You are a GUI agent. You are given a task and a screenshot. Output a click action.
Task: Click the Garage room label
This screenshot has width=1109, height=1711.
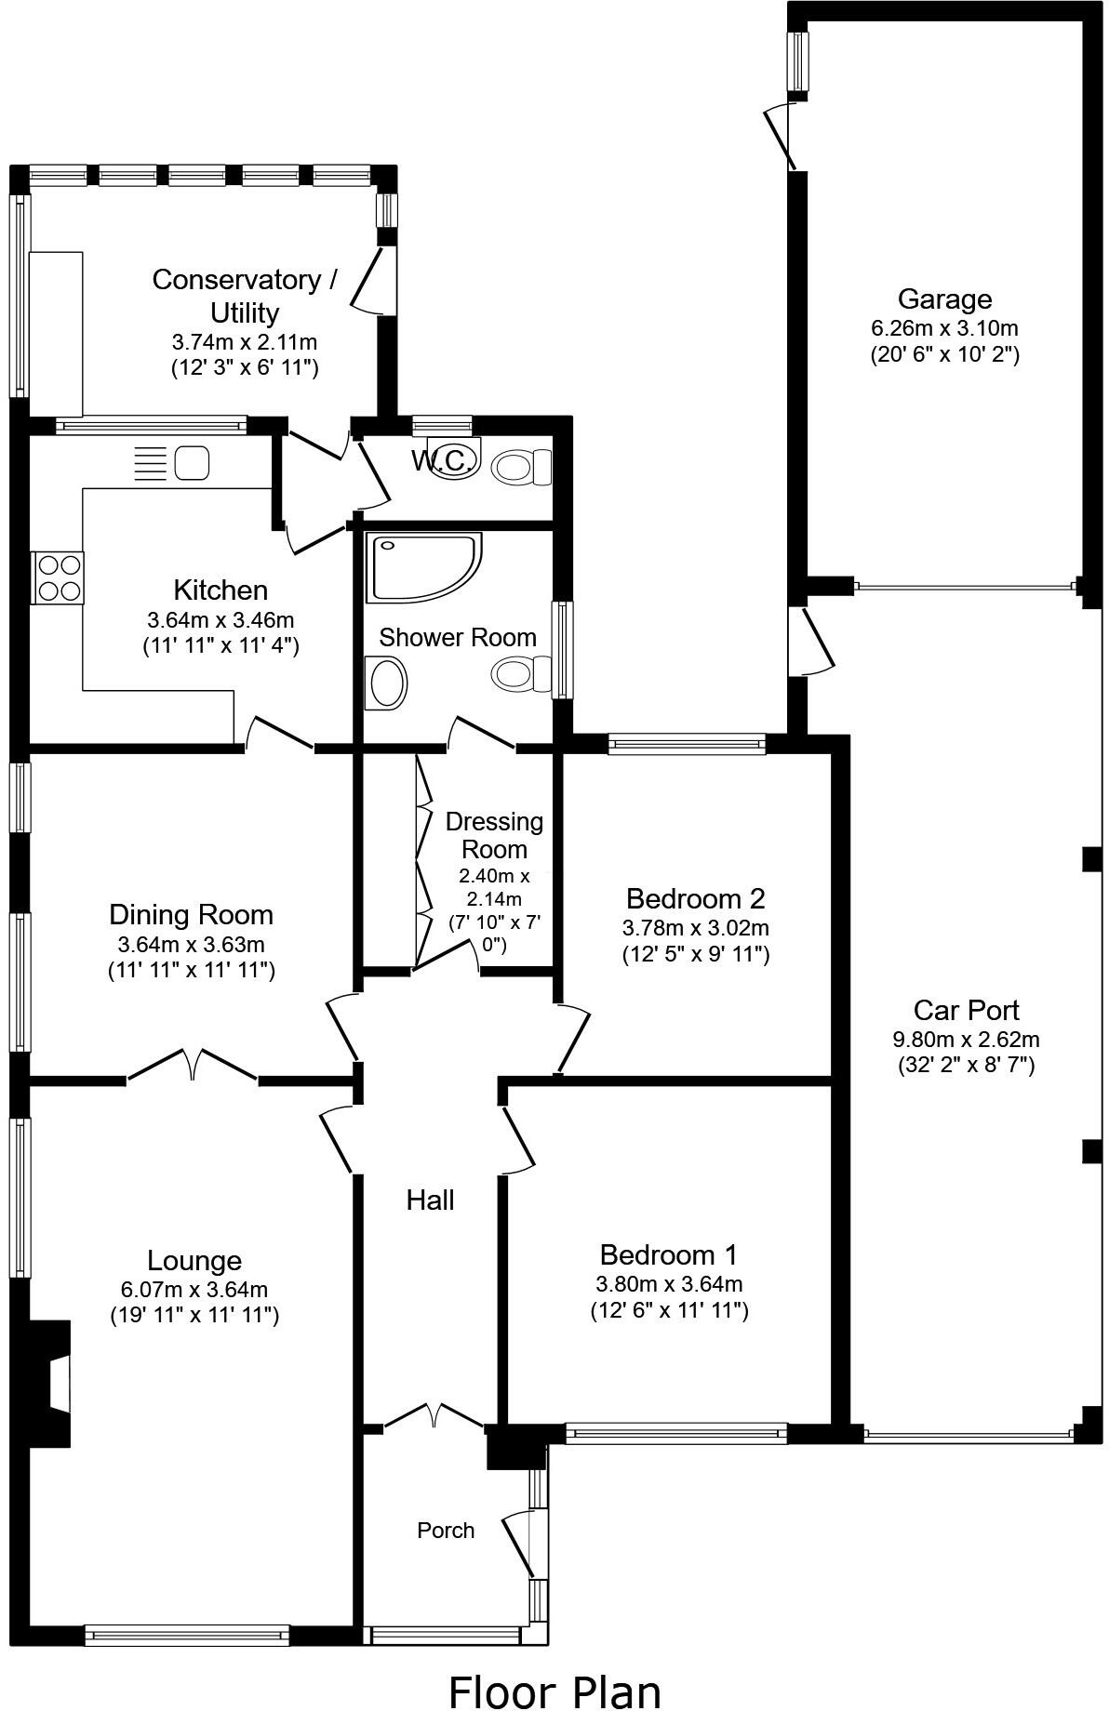pyautogui.click(x=944, y=299)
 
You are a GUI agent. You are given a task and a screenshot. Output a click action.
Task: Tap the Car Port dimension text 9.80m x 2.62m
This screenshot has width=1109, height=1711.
pyautogui.click(x=966, y=1039)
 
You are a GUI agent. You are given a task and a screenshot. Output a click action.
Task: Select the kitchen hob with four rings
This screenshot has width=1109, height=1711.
pyautogui.click(x=59, y=577)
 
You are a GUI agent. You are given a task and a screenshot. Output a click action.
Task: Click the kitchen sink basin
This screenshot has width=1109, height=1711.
pyautogui.click(x=193, y=462)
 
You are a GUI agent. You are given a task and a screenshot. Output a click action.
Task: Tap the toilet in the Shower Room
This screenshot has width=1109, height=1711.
pyautogui.click(x=521, y=674)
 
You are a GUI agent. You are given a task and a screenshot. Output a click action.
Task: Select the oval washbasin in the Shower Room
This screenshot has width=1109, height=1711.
pyautogui.click(x=388, y=683)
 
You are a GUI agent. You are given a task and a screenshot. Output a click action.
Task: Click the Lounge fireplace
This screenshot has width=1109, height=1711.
pyautogui.click(x=54, y=1384)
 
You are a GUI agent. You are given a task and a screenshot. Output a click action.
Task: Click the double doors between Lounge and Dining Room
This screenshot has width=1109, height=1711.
pyautogui.click(x=193, y=1065)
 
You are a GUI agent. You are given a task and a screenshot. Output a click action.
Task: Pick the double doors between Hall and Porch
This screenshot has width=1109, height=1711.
pyautogui.click(x=434, y=1416)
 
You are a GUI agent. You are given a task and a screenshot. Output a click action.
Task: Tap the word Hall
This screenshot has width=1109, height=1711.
pyautogui.click(x=430, y=1200)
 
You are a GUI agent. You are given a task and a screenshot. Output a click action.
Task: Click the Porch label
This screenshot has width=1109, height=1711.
pyautogui.click(x=446, y=1530)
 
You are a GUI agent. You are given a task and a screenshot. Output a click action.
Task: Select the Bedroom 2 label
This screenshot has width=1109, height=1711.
pyautogui.click(x=695, y=898)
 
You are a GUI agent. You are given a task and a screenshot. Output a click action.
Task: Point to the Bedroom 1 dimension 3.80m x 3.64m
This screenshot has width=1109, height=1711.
pyautogui.click(x=669, y=1284)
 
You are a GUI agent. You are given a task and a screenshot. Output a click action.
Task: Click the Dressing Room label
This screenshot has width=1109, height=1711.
pyautogui.click(x=494, y=835)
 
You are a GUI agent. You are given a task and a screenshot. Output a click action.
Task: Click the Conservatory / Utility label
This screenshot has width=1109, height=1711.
pyautogui.click(x=245, y=295)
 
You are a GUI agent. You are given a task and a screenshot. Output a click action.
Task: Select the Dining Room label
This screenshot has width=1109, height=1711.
pyautogui.click(x=191, y=914)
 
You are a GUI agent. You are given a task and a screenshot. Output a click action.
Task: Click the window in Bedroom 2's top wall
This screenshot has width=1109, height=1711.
pyautogui.click(x=687, y=743)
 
